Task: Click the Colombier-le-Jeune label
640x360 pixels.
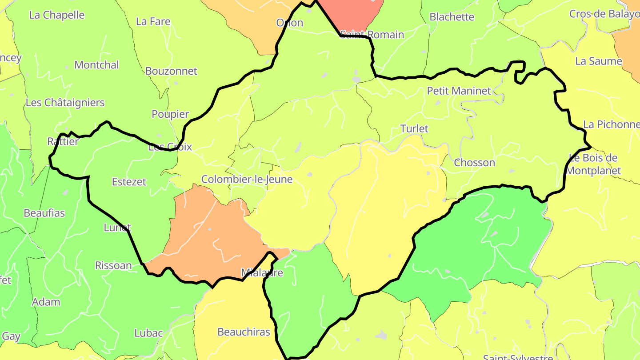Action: pyautogui.click(x=247, y=180)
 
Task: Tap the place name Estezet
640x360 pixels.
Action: pyautogui.click(x=129, y=182)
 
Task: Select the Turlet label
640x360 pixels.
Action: pyautogui.click(x=414, y=129)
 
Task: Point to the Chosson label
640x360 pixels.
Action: pyautogui.click(x=474, y=163)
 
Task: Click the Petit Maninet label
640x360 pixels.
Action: pyautogui.click(x=459, y=91)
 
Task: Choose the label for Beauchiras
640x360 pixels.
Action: pyautogui.click(x=244, y=332)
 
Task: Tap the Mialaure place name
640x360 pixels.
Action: pyautogui.click(x=262, y=273)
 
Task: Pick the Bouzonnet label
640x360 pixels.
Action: pyautogui.click(x=171, y=71)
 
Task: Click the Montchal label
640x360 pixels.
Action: pyautogui.click(x=96, y=65)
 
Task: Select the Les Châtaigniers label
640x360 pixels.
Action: pyautogui.click(x=65, y=103)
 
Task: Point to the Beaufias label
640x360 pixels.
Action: pyautogui.click(x=44, y=213)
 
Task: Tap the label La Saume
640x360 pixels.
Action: pyautogui.click(x=598, y=61)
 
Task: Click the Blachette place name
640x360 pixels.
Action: pyautogui.click(x=452, y=17)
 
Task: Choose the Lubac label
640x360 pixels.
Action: pyautogui.click(x=148, y=333)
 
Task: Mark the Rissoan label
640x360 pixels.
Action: pyautogui.click(x=113, y=266)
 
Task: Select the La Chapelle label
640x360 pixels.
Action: pyautogui.click(x=56, y=15)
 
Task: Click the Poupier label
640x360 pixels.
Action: pyautogui.click(x=170, y=114)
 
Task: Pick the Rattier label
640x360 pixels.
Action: pyautogui.click(x=63, y=142)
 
